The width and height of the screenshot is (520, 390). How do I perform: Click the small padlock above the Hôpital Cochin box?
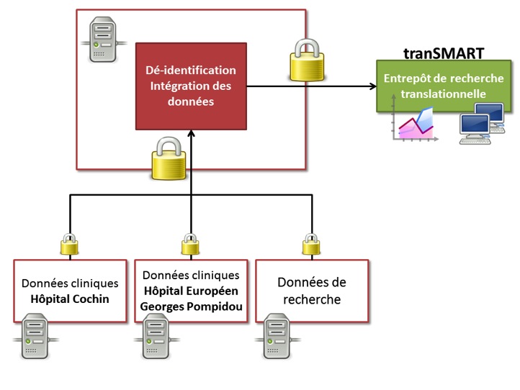coord(69,245)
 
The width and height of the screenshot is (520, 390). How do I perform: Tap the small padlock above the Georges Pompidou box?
coord(191,245)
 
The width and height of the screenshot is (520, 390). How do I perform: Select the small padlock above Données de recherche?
coord(313,245)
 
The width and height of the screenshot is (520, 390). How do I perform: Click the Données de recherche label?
coord(313,291)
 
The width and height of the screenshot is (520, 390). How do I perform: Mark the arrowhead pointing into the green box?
coord(372,87)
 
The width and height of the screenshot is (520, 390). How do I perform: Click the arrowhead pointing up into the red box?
coord(192,133)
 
